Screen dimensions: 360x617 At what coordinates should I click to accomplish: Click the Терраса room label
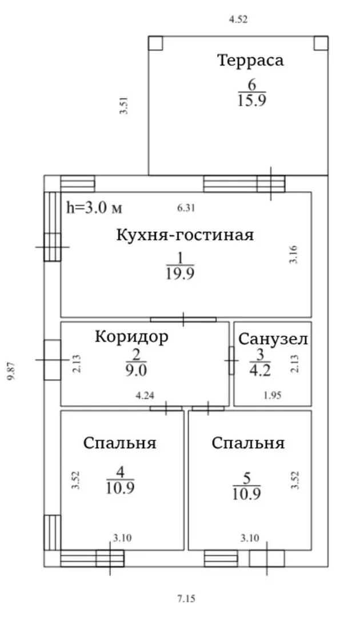(x=251, y=61)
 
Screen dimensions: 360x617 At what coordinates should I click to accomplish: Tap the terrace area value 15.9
(x=252, y=100)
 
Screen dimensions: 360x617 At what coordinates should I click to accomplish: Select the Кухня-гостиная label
(x=185, y=235)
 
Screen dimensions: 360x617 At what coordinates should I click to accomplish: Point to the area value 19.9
(x=180, y=273)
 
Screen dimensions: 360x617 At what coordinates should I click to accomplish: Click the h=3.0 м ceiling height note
(x=94, y=207)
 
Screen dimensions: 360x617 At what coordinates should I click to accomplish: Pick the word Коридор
(x=132, y=337)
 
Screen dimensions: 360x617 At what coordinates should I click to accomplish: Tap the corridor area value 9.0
(x=136, y=370)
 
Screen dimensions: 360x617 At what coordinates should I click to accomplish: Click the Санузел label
(x=273, y=339)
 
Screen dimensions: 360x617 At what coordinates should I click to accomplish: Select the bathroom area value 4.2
(x=260, y=370)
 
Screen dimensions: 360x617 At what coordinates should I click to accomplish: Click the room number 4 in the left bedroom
(x=121, y=472)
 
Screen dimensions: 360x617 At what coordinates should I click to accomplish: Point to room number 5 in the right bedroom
(x=247, y=479)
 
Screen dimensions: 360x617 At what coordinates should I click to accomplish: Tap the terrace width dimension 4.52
(x=238, y=19)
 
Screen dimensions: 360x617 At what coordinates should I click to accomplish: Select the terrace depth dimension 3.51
(x=124, y=106)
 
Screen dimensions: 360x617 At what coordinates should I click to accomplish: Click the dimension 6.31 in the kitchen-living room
(x=186, y=208)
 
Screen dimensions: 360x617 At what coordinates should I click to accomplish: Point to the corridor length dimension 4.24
(x=145, y=395)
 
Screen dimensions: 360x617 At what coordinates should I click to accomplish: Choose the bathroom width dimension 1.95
(x=272, y=395)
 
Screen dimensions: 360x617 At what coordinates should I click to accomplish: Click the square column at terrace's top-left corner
(x=155, y=43)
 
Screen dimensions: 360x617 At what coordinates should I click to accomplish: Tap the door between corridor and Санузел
(x=232, y=360)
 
